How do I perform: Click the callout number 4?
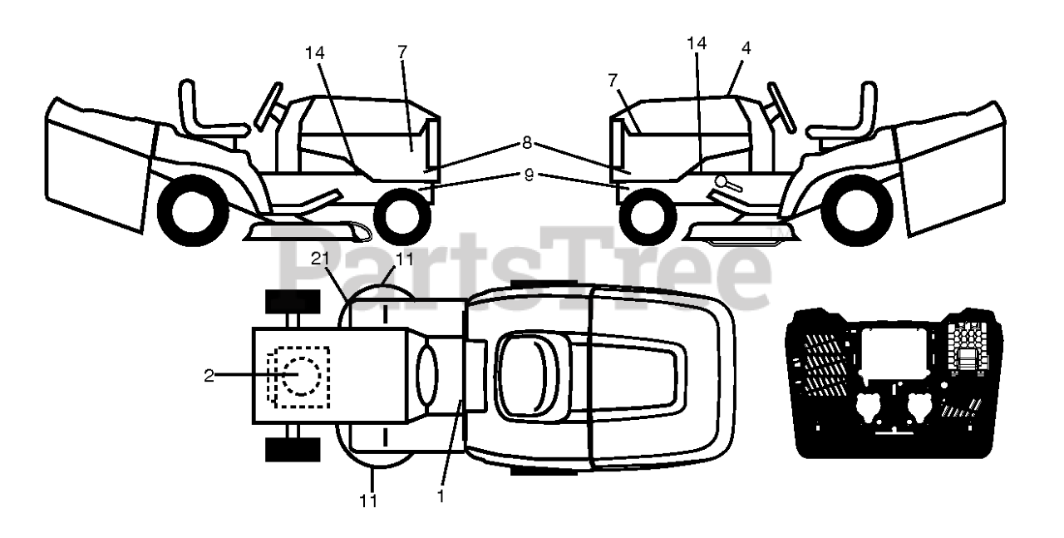point(746,48)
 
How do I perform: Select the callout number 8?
point(527,143)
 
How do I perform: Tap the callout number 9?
point(529,175)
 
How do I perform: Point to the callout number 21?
point(320,259)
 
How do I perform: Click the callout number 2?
point(209,377)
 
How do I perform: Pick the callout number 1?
point(441,496)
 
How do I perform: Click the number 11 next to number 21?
point(404,259)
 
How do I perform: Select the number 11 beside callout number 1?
point(368,501)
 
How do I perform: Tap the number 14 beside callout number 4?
point(697,43)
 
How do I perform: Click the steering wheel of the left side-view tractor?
point(268,107)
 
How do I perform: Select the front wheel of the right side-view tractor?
point(648,217)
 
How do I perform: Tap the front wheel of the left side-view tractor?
point(403,217)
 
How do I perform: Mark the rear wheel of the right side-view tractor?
point(857,210)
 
